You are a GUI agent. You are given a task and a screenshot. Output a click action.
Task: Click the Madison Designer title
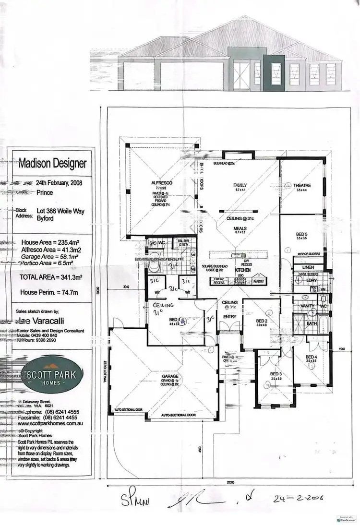pyautogui.click(x=53, y=163)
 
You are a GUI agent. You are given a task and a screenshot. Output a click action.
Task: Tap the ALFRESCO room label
pyautogui.click(x=162, y=183)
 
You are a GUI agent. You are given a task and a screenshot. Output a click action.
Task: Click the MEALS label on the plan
pyautogui.click(x=240, y=228)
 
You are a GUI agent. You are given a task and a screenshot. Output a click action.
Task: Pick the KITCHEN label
pyautogui.click(x=243, y=271)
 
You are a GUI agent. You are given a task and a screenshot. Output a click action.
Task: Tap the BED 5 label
pyautogui.click(x=301, y=234)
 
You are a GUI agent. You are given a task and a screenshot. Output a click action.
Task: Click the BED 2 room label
pyautogui.click(x=261, y=321)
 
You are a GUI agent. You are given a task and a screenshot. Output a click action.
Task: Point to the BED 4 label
pyautogui.click(x=311, y=357)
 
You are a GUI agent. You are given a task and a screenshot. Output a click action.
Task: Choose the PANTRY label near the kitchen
pyautogui.click(x=258, y=281)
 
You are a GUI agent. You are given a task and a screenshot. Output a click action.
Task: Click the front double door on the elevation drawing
pyautogui.click(x=240, y=76)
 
